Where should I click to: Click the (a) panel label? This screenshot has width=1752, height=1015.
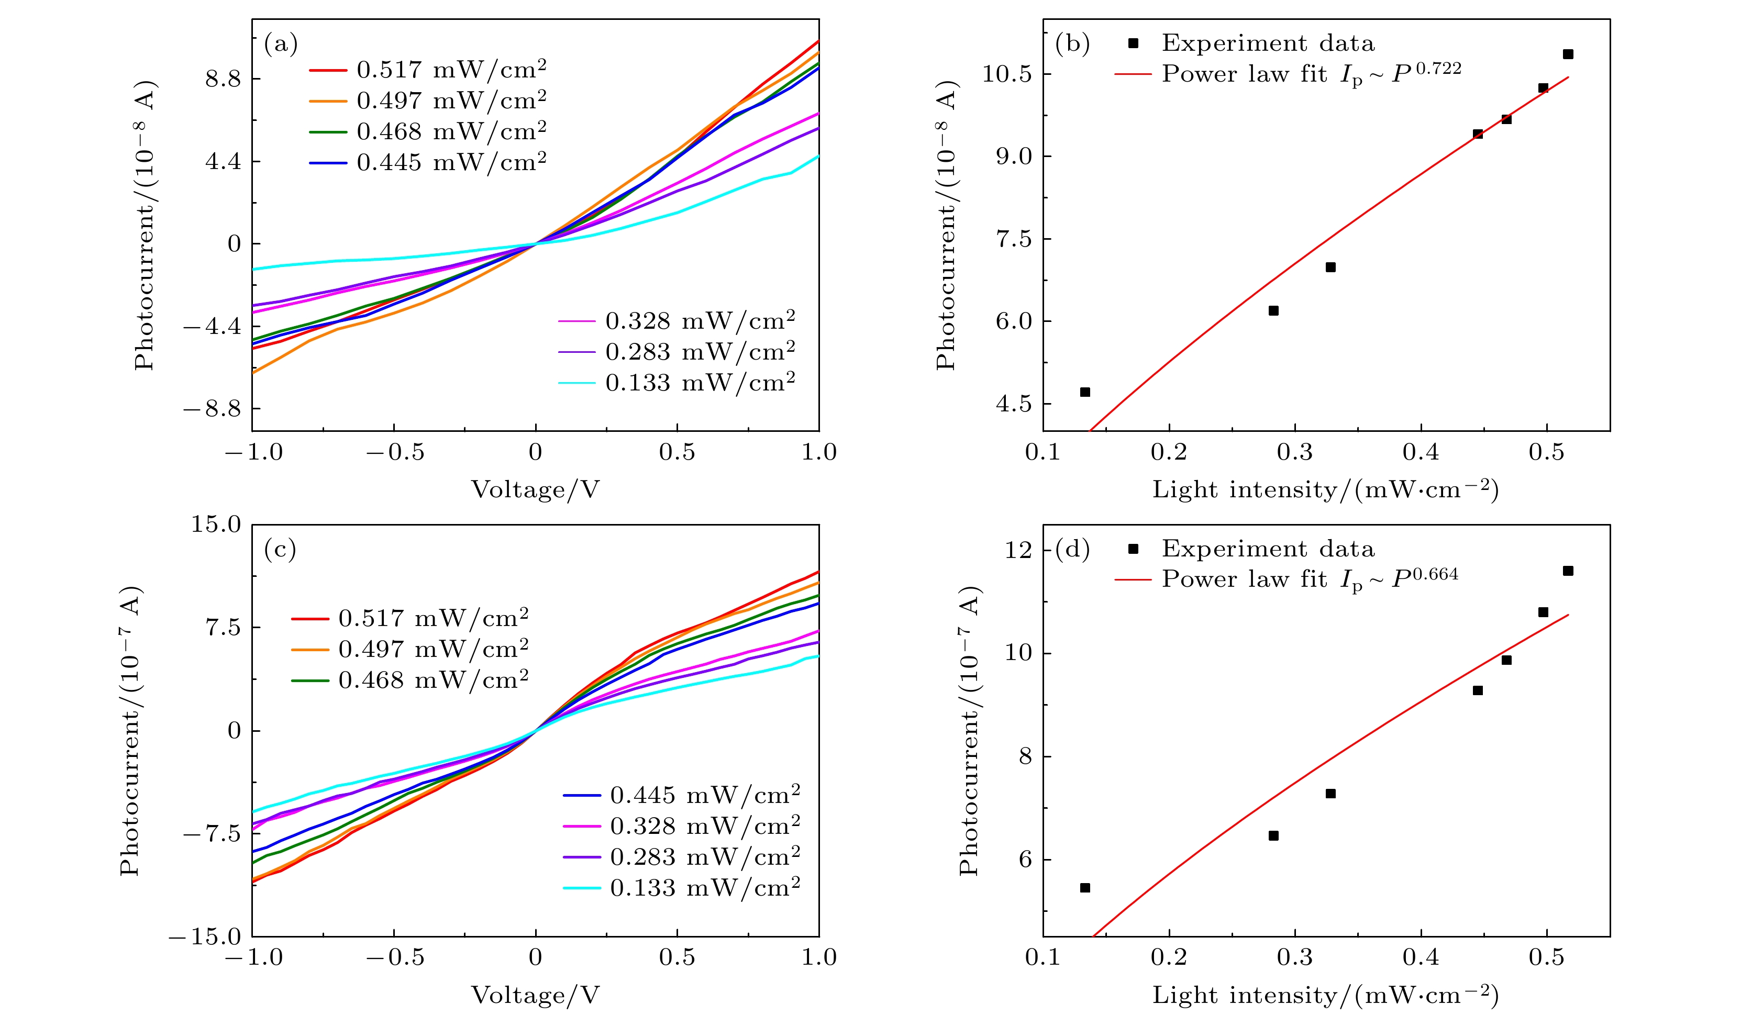281,44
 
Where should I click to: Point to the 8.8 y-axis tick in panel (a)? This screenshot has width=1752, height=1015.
223,79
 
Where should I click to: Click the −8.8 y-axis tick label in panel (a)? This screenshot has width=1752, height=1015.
212,409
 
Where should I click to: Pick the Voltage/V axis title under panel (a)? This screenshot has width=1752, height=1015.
535,490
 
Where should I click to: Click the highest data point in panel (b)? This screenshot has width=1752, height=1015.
1568,54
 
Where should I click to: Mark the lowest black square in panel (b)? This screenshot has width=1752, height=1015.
1084,392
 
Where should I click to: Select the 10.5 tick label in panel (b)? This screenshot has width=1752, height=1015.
1007,74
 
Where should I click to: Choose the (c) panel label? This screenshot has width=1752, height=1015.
280,550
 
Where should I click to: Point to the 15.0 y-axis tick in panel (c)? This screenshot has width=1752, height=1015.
216,524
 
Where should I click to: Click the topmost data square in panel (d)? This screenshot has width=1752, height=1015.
1568,571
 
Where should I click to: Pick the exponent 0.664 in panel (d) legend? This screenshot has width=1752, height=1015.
1435,575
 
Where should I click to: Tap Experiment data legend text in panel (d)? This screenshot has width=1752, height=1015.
1268,549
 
